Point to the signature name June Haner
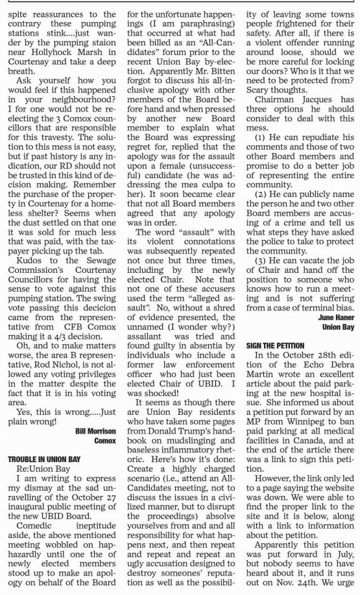point(336,318)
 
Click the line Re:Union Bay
point(43,469)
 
